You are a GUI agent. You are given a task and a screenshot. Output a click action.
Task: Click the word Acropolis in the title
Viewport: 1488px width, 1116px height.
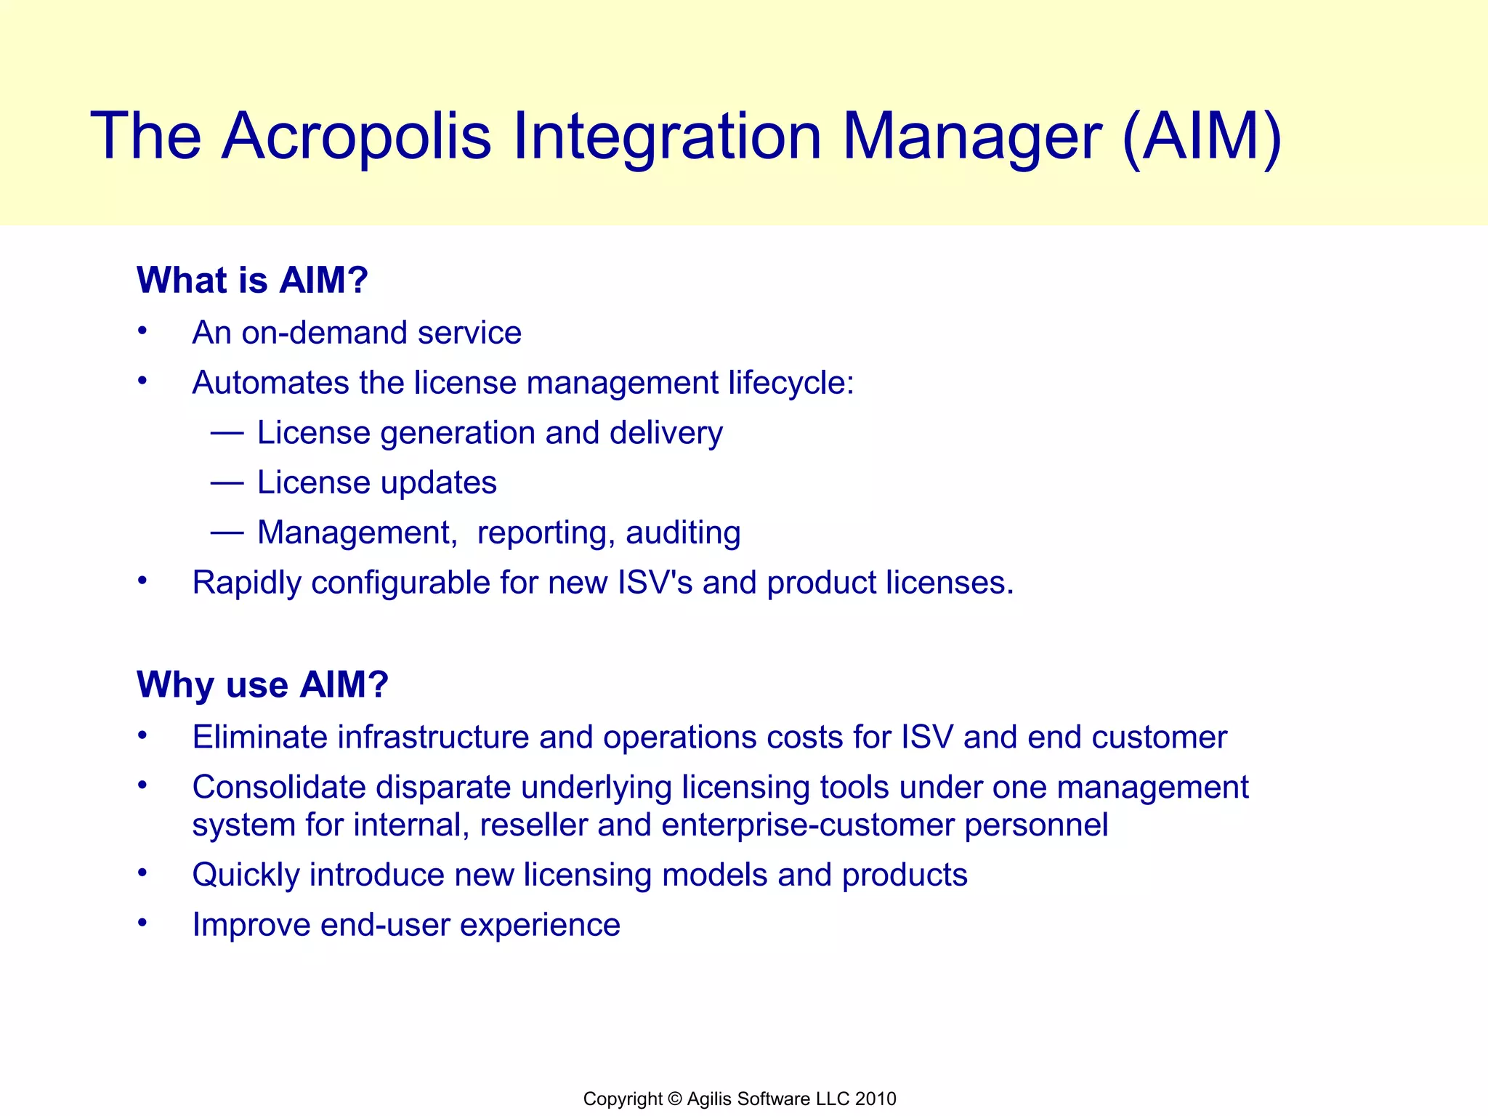click(x=356, y=136)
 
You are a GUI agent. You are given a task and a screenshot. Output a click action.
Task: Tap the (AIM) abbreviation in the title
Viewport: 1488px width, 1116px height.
click(x=1202, y=136)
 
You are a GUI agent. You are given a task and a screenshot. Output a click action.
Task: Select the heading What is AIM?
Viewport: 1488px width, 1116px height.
click(x=252, y=280)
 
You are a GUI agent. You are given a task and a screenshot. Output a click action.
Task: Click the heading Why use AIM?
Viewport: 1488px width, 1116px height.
click(x=262, y=684)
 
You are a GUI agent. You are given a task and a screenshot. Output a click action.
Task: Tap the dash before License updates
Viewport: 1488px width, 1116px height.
click(x=227, y=483)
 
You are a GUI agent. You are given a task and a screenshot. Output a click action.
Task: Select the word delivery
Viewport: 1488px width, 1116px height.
click(x=666, y=434)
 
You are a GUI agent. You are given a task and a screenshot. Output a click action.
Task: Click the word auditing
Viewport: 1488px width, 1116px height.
click(x=683, y=533)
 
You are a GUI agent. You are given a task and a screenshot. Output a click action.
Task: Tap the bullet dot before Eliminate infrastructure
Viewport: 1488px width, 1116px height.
click(x=143, y=736)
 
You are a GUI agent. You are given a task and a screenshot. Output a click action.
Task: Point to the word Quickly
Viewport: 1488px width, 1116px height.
click(x=246, y=876)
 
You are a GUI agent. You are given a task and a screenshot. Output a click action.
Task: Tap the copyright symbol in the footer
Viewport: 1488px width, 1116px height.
click(x=675, y=1099)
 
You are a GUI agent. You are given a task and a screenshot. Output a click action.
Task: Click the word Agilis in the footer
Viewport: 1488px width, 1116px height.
click(x=709, y=1099)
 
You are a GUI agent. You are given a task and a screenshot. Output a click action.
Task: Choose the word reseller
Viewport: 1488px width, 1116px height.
click(x=533, y=825)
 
